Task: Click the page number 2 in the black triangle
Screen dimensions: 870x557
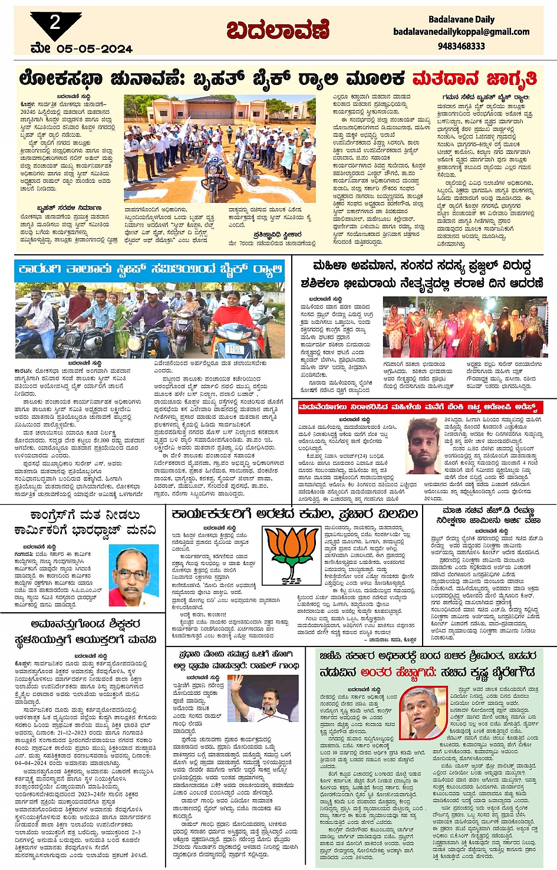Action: [x=55, y=23]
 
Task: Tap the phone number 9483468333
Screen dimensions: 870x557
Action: [x=461, y=46]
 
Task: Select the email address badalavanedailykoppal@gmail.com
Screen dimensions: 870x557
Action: [x=461, y=32]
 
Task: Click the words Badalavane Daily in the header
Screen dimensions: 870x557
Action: [x=461, y=19]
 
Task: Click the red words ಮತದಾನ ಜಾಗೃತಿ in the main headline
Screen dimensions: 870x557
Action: [x=474, y=78]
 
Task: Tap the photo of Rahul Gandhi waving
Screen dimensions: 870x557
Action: [x=263, y=699]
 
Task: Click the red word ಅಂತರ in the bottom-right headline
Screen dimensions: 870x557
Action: [x=375, y=672]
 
